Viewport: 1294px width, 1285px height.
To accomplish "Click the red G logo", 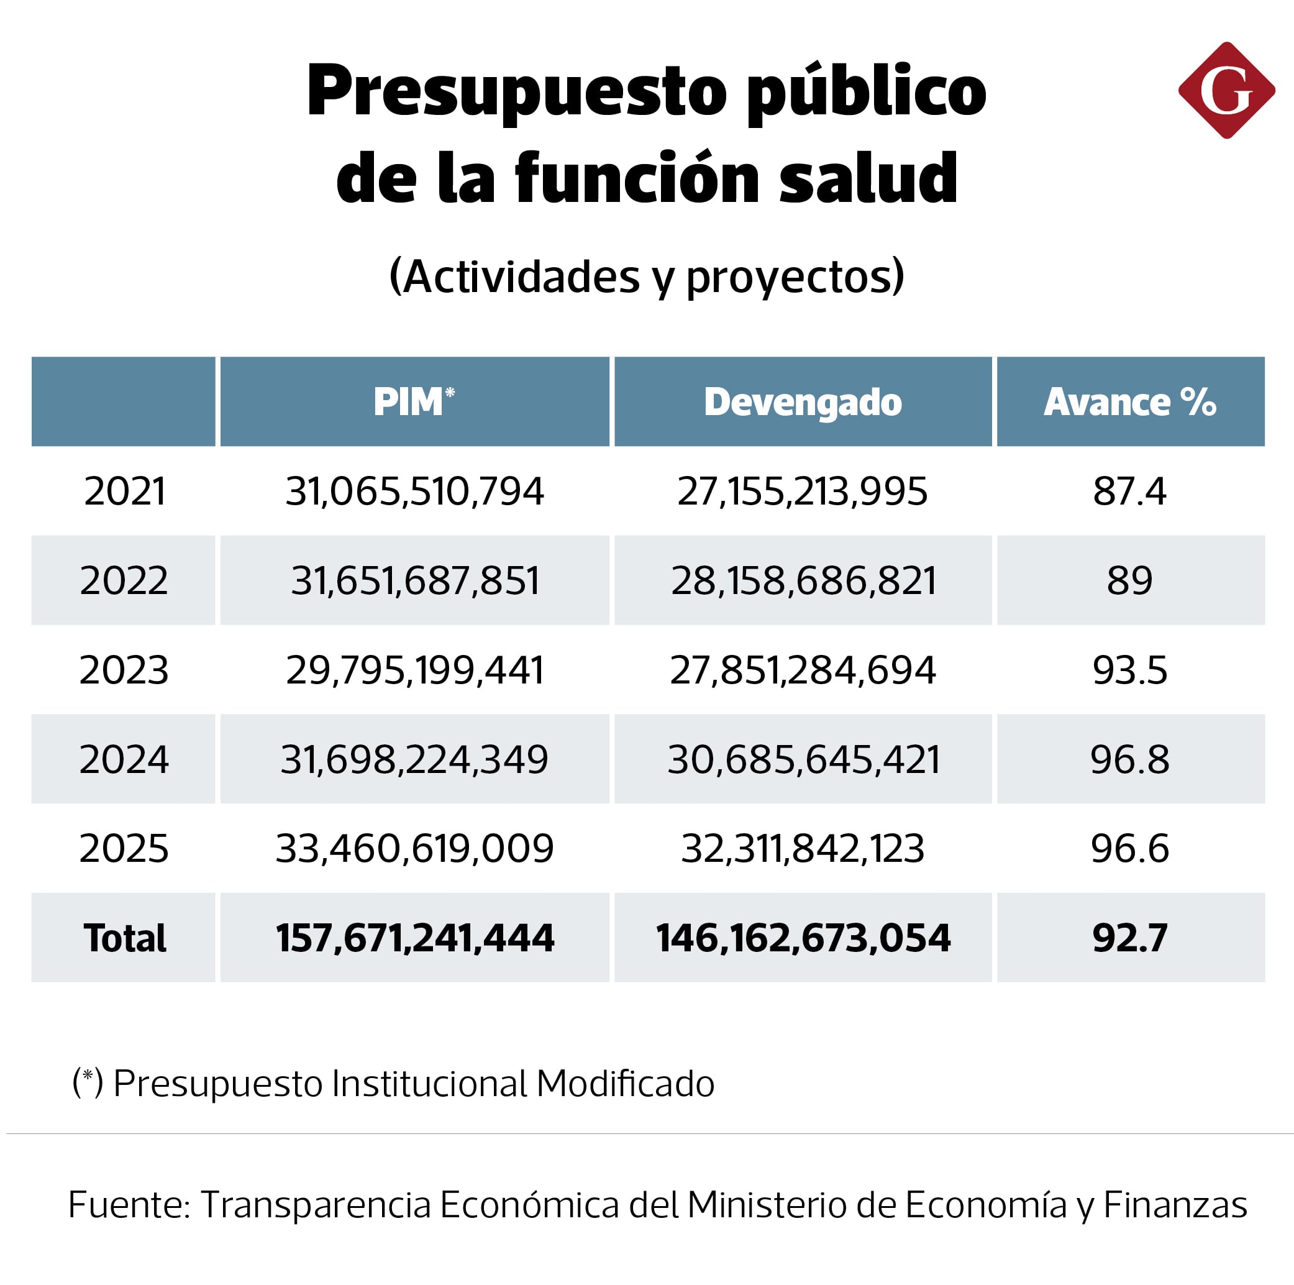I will click(x=1226, y=91).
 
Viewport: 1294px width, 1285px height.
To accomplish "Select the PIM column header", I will click(x=414, y=402).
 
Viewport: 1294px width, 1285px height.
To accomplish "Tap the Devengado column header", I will click(x=803, y=402).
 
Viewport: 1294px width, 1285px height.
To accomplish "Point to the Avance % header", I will click(x=1129, y=402).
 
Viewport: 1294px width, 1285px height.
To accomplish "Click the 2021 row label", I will click(x=125, y=491).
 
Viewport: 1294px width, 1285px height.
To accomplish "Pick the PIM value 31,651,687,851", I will click(x=414, y=580).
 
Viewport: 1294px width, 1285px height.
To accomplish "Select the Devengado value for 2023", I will click(x=803, y=670).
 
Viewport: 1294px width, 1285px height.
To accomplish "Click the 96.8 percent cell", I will click(x=1129, y=759).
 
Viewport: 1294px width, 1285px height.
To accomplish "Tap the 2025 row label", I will click(x=125, y=848).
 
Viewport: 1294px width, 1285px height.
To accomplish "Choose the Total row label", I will click(x=125, y=937).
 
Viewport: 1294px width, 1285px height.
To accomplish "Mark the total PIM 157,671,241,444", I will click(x=414, y=937).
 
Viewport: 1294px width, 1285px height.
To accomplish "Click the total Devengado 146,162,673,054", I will click(x=803, y=937).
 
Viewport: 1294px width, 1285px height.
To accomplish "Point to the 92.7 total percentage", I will click(x=1129, y=937).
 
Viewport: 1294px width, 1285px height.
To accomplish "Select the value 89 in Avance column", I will click(x=1129, y=580).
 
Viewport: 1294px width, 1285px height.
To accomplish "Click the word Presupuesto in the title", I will click(x=516, y=93).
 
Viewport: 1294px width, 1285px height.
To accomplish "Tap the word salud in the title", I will click(x=868, y=178).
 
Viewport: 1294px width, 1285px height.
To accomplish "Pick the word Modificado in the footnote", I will click(x=625, y=1083).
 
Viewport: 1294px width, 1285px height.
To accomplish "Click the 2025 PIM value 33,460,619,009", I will click(x=414, y=848).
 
